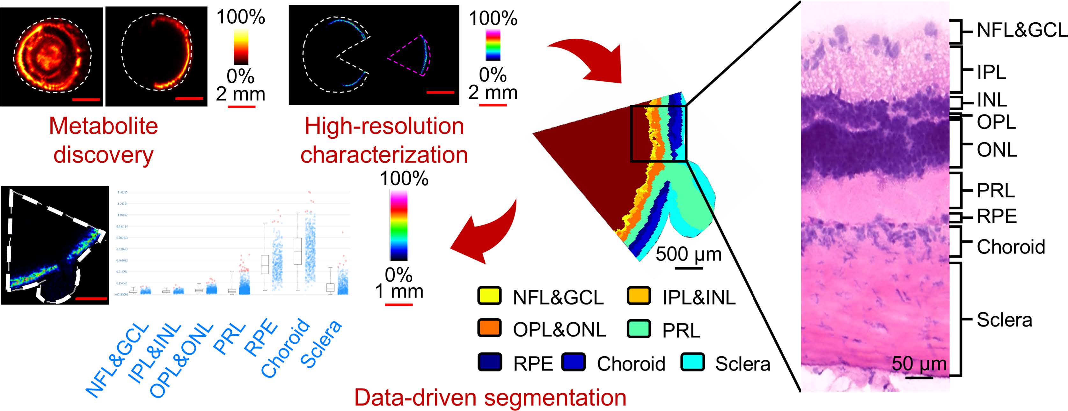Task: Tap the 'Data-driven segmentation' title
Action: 490,397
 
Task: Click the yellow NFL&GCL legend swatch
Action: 489,296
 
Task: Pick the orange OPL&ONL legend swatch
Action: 489,328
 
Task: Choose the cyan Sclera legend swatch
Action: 692,362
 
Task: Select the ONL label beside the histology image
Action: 997,150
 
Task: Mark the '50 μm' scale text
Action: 919,364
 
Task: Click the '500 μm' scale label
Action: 689,254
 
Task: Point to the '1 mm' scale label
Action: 399,291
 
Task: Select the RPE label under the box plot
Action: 261,338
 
